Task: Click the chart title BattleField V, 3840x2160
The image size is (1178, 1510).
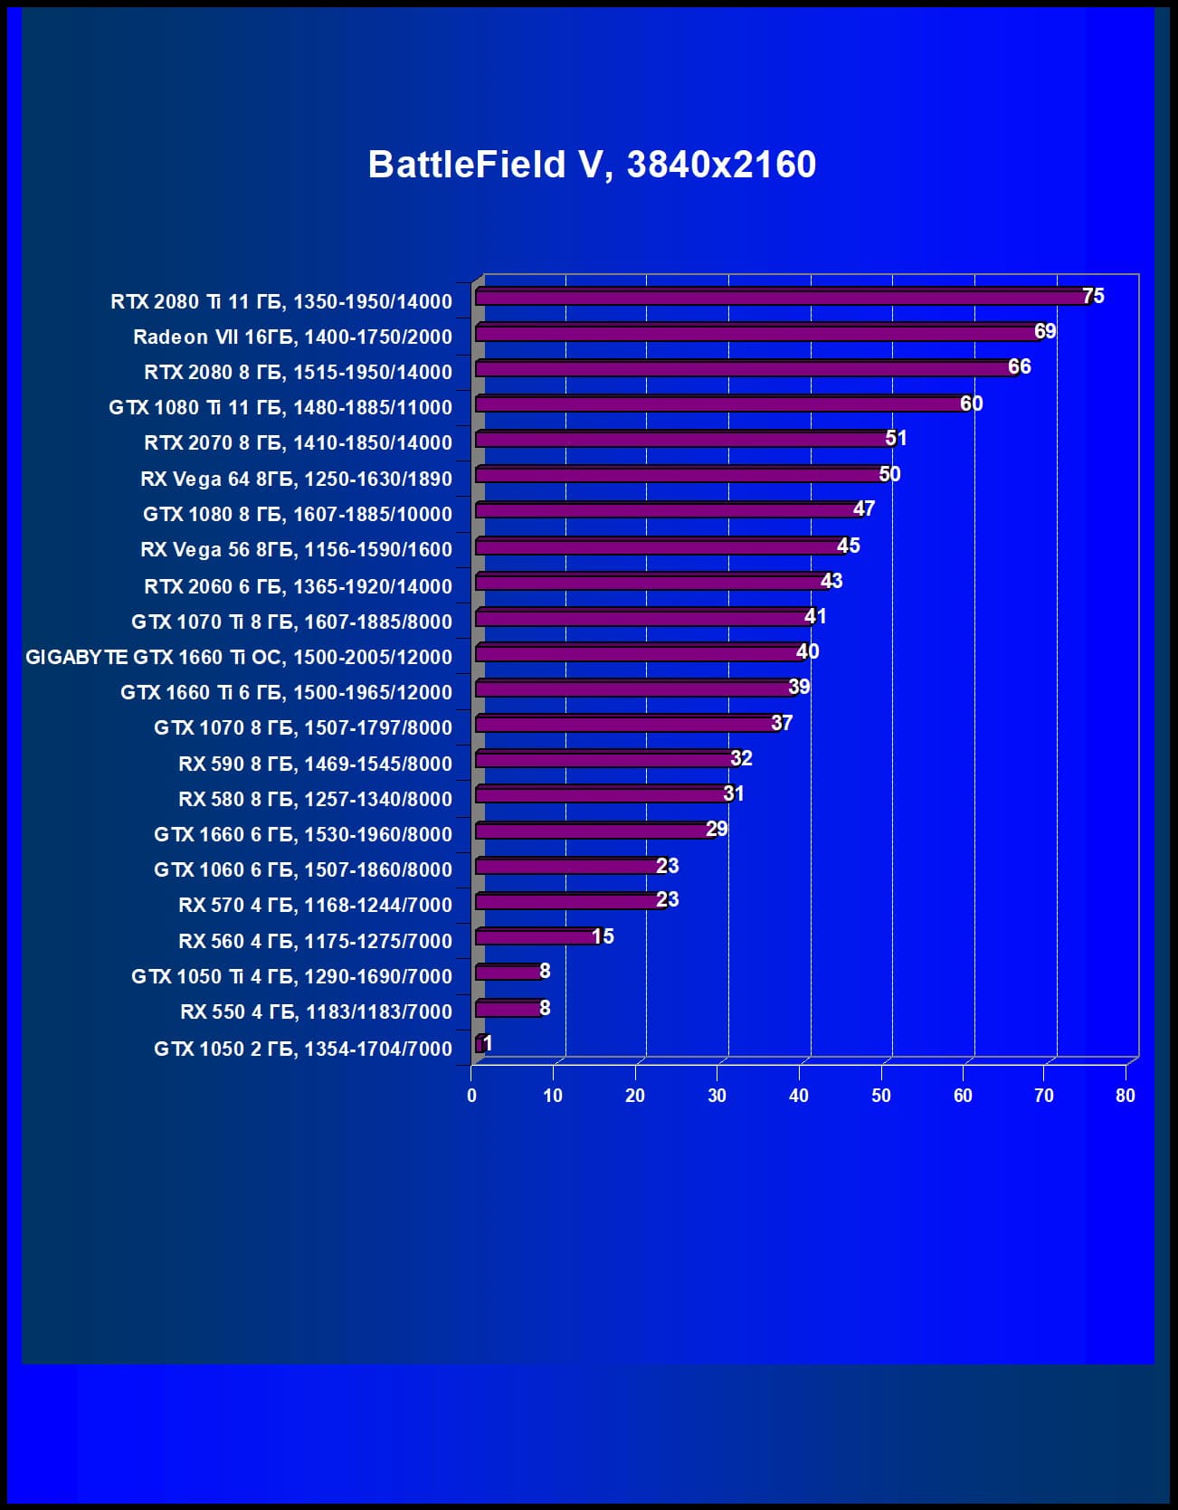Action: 592,165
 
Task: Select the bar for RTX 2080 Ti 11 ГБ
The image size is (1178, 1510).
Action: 778,297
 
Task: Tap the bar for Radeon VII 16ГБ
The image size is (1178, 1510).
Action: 755,333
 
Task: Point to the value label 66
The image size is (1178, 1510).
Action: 1020,366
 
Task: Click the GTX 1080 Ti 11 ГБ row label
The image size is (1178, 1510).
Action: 280,407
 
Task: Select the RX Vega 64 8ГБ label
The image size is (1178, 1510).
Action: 296,479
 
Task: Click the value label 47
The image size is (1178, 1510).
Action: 864,508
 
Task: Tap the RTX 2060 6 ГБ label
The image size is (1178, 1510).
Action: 298,586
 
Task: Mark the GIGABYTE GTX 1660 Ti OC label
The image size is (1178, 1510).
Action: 239,657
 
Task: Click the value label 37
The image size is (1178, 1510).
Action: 782,723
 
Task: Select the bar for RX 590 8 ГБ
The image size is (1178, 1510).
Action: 603,759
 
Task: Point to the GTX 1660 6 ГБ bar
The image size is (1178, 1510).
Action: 592,830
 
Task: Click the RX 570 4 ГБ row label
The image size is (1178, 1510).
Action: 315,905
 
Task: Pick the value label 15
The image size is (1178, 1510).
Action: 603,936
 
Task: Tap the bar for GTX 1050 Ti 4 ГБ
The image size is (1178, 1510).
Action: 508,972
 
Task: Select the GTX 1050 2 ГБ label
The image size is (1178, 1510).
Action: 303,1049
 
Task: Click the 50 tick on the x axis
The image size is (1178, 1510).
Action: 881,1096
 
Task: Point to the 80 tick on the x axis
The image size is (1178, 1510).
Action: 1125,1096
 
